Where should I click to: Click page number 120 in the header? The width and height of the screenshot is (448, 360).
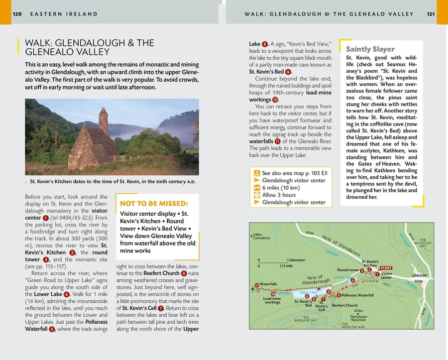17,14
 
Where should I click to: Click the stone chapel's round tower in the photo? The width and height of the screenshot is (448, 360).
103,120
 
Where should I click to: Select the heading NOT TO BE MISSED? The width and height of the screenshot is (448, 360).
154,204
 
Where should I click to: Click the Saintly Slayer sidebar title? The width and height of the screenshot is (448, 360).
370,49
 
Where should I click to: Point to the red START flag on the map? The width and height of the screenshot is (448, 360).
386,268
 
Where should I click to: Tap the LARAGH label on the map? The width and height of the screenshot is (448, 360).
420,275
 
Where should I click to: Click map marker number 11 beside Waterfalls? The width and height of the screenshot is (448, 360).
257,285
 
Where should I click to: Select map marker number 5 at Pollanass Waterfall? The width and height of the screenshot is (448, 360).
338,295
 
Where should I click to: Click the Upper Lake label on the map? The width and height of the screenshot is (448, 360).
309,292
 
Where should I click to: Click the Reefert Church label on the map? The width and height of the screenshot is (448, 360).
344,305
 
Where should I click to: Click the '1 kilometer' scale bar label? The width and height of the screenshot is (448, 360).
296,260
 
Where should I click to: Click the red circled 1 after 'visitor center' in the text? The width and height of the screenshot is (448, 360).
46,218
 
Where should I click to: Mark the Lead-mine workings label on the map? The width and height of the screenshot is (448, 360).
272,300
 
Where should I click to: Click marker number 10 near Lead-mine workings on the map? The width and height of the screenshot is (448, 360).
273,294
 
